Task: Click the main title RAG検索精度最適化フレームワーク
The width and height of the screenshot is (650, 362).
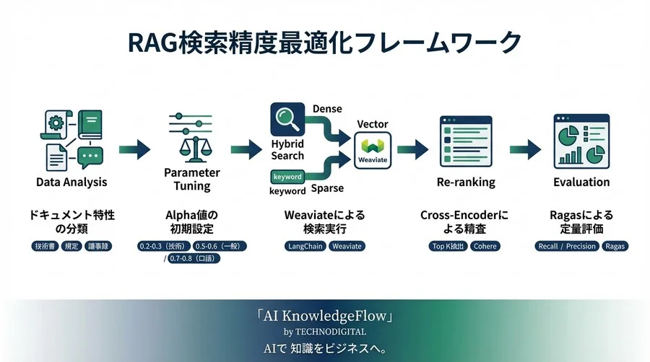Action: (x=324, y=42)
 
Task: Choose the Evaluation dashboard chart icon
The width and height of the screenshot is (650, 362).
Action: (x=581, y=141)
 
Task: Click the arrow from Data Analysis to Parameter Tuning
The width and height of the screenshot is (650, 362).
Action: (x=134, y=149)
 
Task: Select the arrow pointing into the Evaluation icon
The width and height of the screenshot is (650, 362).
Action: (x=525, y=149)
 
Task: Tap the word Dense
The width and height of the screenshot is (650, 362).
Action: (x=327, y=109)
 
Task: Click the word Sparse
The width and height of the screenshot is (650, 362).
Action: (x=327, y=189)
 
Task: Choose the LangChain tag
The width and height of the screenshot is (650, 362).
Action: (x=305, y=246)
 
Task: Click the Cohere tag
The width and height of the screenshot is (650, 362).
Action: (x=485, y=246)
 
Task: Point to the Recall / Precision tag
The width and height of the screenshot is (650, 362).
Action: (x=567, y=246)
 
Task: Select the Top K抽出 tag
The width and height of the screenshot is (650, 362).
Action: (x=448, y=246)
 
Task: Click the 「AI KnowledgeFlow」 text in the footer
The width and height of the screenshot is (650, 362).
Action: (x=324, y=317)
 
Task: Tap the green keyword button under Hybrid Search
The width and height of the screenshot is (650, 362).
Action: (x=287, y=177)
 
